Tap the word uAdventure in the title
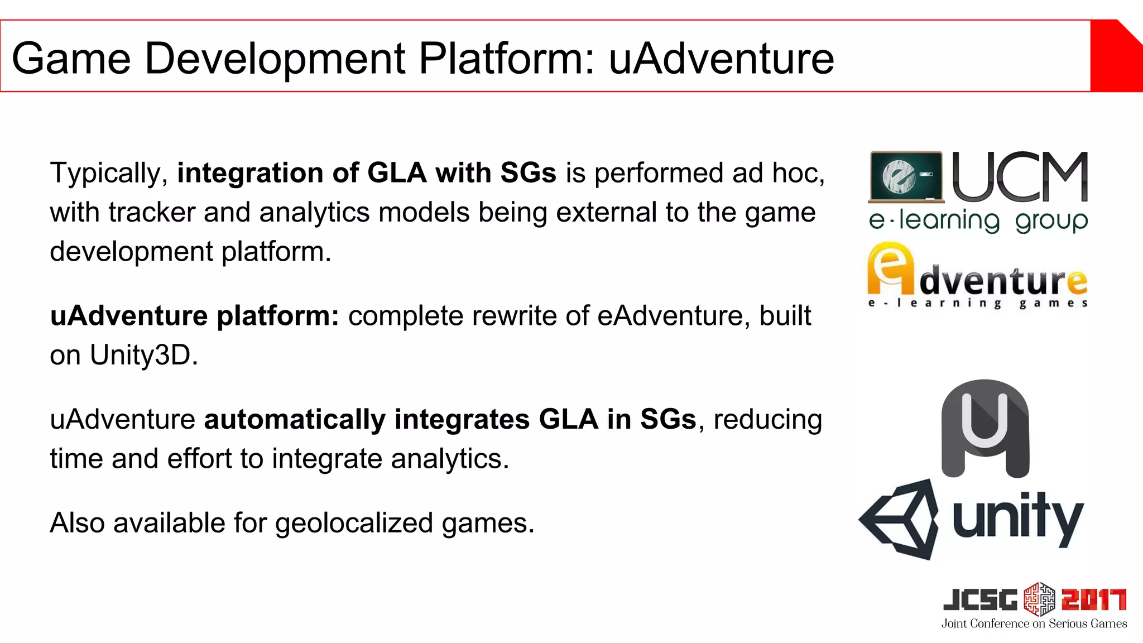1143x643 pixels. [721, 58]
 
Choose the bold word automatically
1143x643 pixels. [295, 420]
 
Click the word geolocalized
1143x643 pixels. [354, 524]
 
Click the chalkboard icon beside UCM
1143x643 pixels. [906, 177]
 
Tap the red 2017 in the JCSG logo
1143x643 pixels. [1093, 600]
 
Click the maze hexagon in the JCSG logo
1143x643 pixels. [1039, 599]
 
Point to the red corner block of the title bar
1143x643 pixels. [1116, 56]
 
